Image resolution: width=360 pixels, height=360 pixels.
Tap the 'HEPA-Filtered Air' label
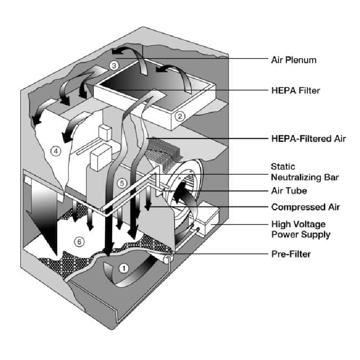pos(308,139)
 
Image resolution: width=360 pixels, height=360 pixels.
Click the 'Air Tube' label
pos(289,191)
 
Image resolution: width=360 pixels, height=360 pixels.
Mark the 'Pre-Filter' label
pos(291,254)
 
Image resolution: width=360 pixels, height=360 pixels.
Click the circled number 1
pos(125,268)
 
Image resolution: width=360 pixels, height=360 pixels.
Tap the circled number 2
pos(180,116)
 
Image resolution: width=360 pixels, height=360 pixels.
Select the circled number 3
pos(114,66)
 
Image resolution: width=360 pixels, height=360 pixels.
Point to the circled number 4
pos(56,151)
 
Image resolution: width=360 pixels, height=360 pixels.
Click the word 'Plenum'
pos(306,59)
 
